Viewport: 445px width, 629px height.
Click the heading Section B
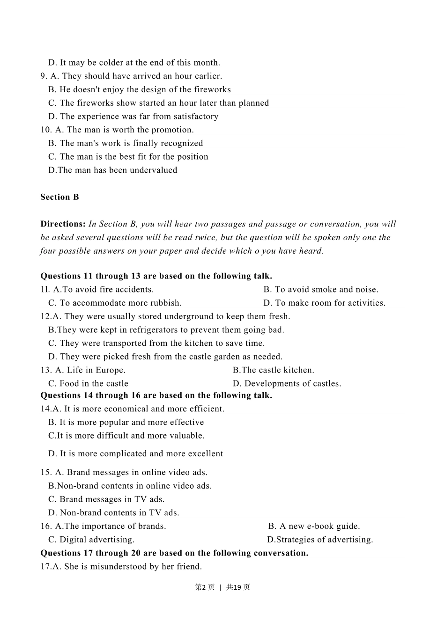59,197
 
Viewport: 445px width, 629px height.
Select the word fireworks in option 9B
212,89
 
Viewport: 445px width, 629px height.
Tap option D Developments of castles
287,384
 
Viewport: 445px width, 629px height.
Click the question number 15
46,473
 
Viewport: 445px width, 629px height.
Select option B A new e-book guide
314,526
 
